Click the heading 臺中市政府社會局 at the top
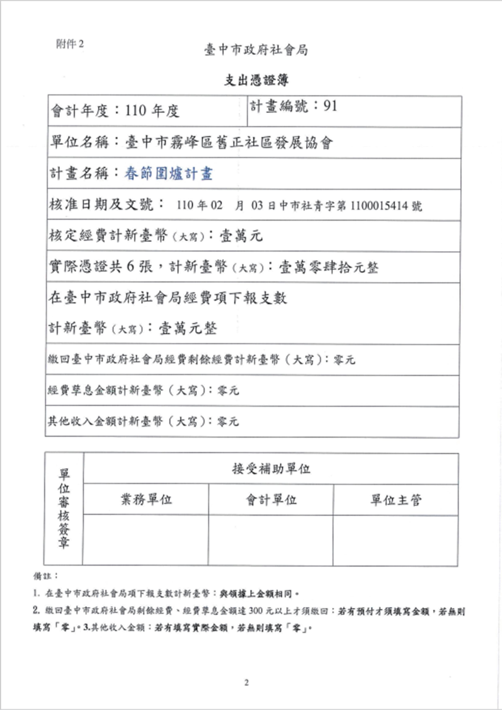[256, 50]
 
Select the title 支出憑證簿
[256, 81]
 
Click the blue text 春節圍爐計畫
[169, 173]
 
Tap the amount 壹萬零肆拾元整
[329, 267]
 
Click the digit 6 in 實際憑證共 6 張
[130, 267]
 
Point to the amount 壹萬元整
[188, 328]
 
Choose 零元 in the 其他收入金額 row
[228, 421]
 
